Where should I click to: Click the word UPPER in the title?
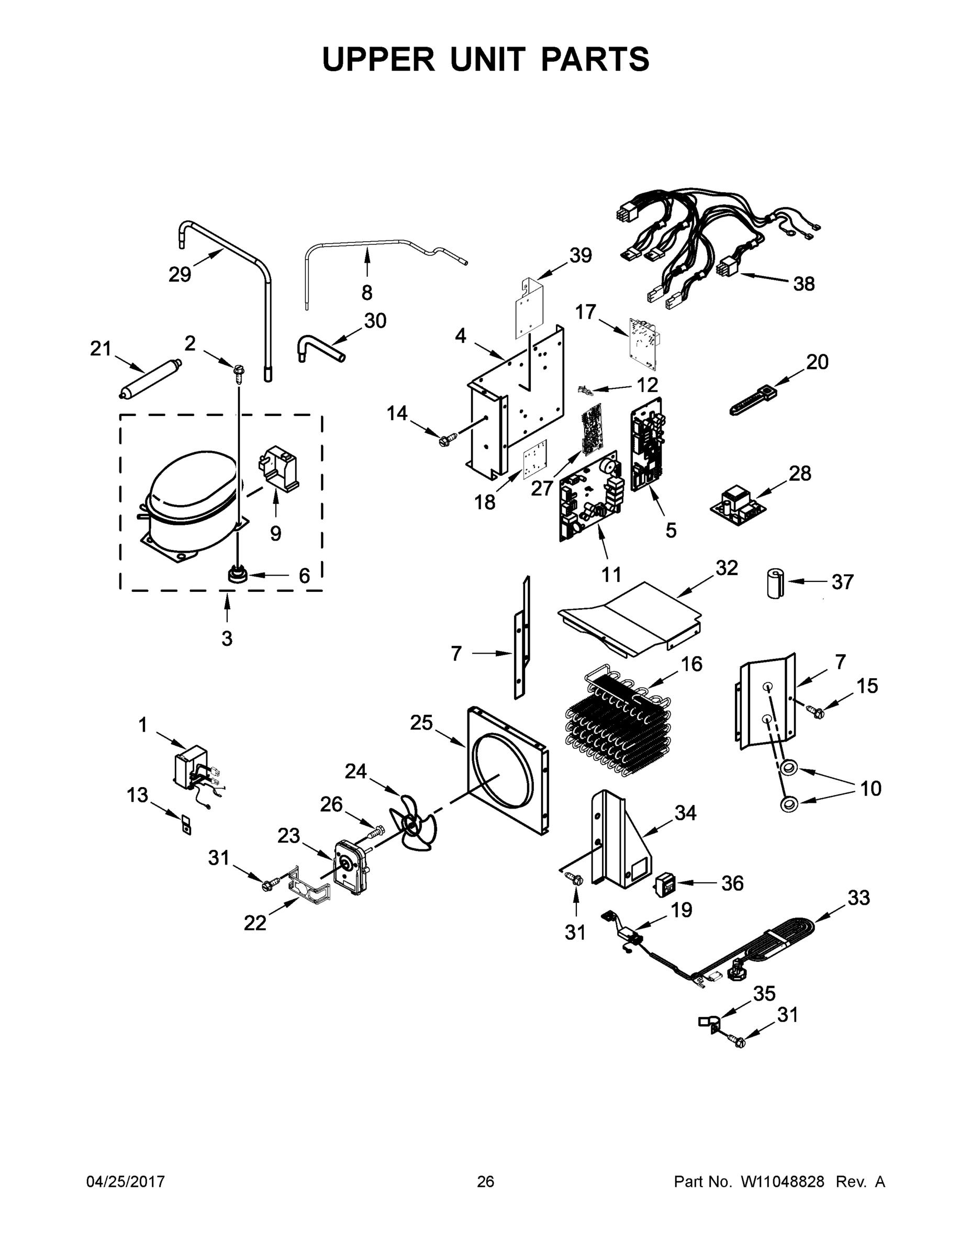(378, 59)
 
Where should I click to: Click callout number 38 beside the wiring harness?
(803, 284)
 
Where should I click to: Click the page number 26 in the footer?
(486, 1181)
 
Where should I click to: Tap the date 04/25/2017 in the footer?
(126, 1181)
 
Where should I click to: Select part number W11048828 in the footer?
(783, 1181)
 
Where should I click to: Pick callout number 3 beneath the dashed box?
(227, 638)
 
